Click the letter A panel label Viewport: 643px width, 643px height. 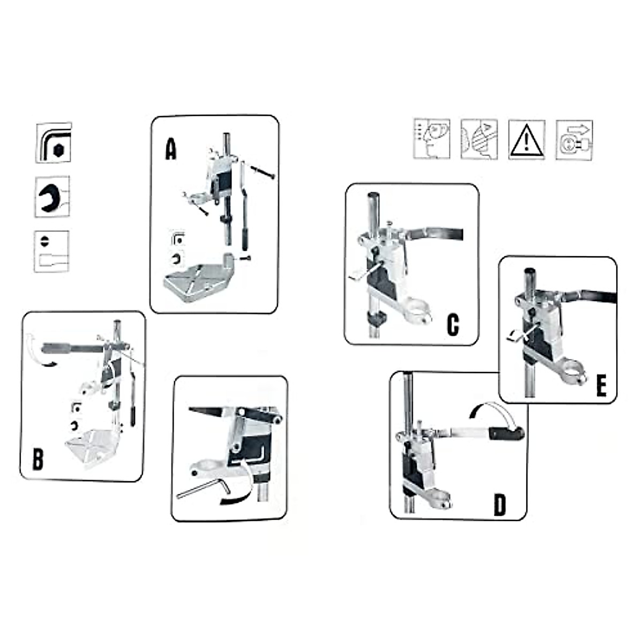click(170, 149)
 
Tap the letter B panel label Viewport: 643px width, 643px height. click(38, 459)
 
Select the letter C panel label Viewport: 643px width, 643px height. click(453, 324)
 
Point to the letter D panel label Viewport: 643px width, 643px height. click(499, 505)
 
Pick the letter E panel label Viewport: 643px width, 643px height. click(601, 386)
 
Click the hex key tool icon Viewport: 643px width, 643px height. click(53, 143)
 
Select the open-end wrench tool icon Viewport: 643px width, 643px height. click(52, 197)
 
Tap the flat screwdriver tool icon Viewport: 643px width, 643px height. click(51, 251)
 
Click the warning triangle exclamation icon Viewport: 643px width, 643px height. click(527, 140)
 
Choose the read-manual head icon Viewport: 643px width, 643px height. click(431, 139)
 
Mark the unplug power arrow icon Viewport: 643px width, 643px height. click(574, 140)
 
